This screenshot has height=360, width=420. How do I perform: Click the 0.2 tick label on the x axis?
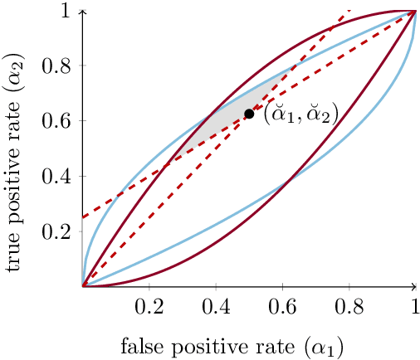(x=149, y=304)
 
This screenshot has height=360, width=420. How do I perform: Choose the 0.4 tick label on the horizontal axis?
(x=216, y=304)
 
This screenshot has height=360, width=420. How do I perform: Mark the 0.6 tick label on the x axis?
(x=282, y=304)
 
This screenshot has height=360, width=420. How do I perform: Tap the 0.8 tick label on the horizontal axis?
(x=349, y=304)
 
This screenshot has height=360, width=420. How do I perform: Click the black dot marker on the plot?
(x=249, y=114)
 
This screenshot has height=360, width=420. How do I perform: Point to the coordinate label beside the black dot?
(x=300, y=114)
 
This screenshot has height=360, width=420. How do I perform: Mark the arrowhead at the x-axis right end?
(x=415, y=286)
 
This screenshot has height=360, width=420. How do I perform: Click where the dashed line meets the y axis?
(x=83, y=217)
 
